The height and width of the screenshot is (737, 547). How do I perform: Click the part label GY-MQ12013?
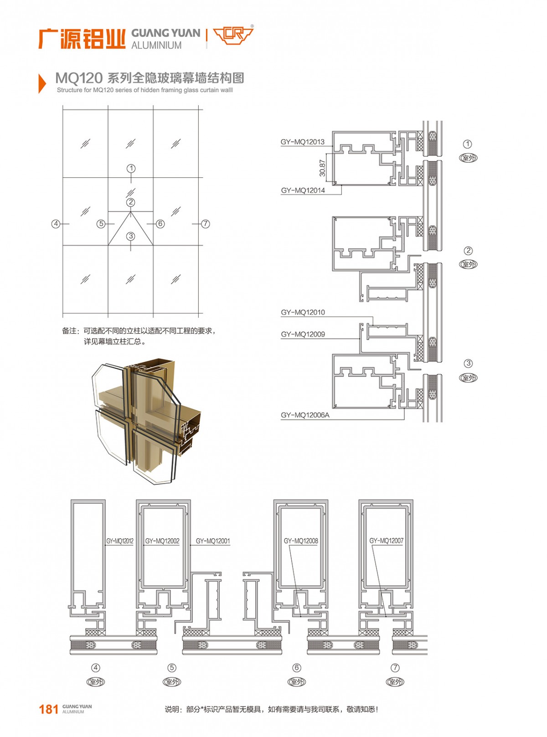point(302,142)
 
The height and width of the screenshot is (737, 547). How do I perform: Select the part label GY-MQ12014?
point(302,191)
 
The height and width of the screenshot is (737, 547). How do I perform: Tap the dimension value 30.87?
point(322,168)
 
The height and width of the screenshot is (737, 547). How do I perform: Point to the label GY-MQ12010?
point(302,312)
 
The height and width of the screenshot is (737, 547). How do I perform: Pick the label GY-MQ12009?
point(302,334)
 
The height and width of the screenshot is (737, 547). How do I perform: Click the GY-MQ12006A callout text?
point(305,415)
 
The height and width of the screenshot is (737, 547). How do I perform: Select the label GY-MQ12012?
point(119,541)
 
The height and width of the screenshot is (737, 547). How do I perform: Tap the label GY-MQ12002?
point(162,541)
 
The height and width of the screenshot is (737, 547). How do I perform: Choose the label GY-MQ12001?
point(213,541)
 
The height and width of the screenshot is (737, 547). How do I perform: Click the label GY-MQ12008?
point(301,541)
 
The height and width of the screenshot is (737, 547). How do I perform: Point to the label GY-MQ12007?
point(386,541)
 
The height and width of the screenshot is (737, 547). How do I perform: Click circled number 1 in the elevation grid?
point(131,168)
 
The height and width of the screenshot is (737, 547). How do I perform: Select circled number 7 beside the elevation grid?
point(206,224)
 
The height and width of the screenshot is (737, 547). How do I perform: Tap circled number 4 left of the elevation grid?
point(56,224)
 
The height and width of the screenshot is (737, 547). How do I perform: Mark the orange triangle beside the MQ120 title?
point(42,83)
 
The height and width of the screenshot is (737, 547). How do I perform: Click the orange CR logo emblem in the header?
point(233,35)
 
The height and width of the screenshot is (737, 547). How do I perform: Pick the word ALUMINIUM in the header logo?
point(156,45)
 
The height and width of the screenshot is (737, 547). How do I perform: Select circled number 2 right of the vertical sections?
point(468,250)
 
